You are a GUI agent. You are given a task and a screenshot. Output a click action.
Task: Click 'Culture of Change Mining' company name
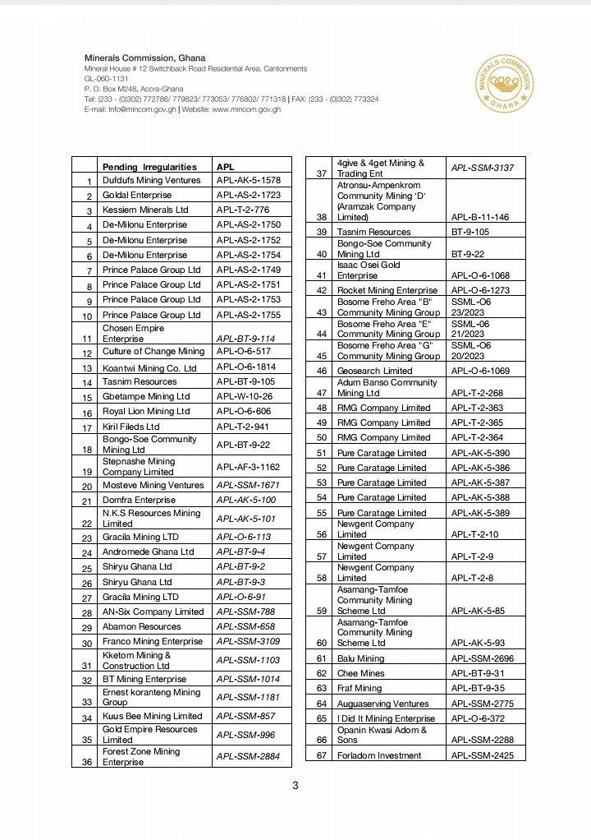tap(153, 352)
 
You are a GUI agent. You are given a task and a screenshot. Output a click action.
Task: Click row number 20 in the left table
tap(86, 486)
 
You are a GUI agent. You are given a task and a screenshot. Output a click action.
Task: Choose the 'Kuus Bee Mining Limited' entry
tap(152, 717)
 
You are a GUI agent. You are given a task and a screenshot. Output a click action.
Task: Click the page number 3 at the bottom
tap(295, 786)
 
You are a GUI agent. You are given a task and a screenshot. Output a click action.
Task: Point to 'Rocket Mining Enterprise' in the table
tap(387, 290)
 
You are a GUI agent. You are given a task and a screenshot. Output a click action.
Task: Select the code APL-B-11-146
tap(480, 217)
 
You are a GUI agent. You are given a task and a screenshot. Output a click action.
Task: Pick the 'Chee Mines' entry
tap(360, 673)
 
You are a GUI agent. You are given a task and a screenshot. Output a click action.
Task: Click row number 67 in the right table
tap(322, 755)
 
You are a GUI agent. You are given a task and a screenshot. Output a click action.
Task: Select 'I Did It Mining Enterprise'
tap(386, 718)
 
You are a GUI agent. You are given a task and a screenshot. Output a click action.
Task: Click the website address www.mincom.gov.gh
tap(246, 109)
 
